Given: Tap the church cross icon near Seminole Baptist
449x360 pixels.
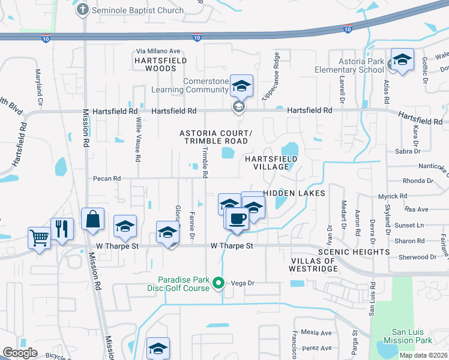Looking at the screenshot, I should click(83, 9).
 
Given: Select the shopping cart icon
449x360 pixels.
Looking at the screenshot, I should click(39, 238).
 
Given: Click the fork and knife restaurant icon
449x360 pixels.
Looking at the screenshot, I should click(62, 228).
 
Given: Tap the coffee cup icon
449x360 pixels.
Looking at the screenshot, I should click(237, 218).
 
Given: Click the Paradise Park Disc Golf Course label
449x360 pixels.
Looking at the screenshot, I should click(183, 283).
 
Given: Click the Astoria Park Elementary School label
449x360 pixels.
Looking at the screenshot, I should click(349, 65).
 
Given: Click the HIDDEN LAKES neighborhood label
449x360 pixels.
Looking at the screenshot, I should click(294, 193).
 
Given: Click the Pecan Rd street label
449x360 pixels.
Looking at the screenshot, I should click(107, 178).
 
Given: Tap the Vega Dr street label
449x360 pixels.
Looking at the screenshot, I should click(243, 283).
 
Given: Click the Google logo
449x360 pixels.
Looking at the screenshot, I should click(20, 352).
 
